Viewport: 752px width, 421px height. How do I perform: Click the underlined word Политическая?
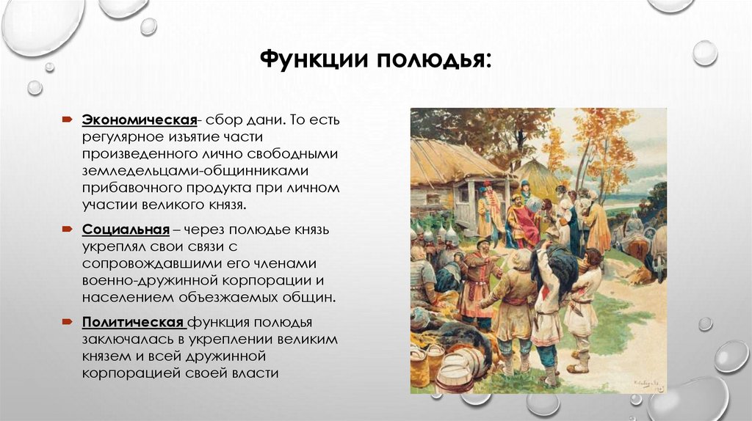point(133,323)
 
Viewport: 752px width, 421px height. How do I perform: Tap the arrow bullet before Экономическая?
point(67,120)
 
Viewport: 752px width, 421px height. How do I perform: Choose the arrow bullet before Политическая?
point(67,323)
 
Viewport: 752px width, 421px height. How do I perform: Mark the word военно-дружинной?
point(144,281)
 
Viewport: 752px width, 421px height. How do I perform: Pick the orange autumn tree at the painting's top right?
point(609,139)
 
